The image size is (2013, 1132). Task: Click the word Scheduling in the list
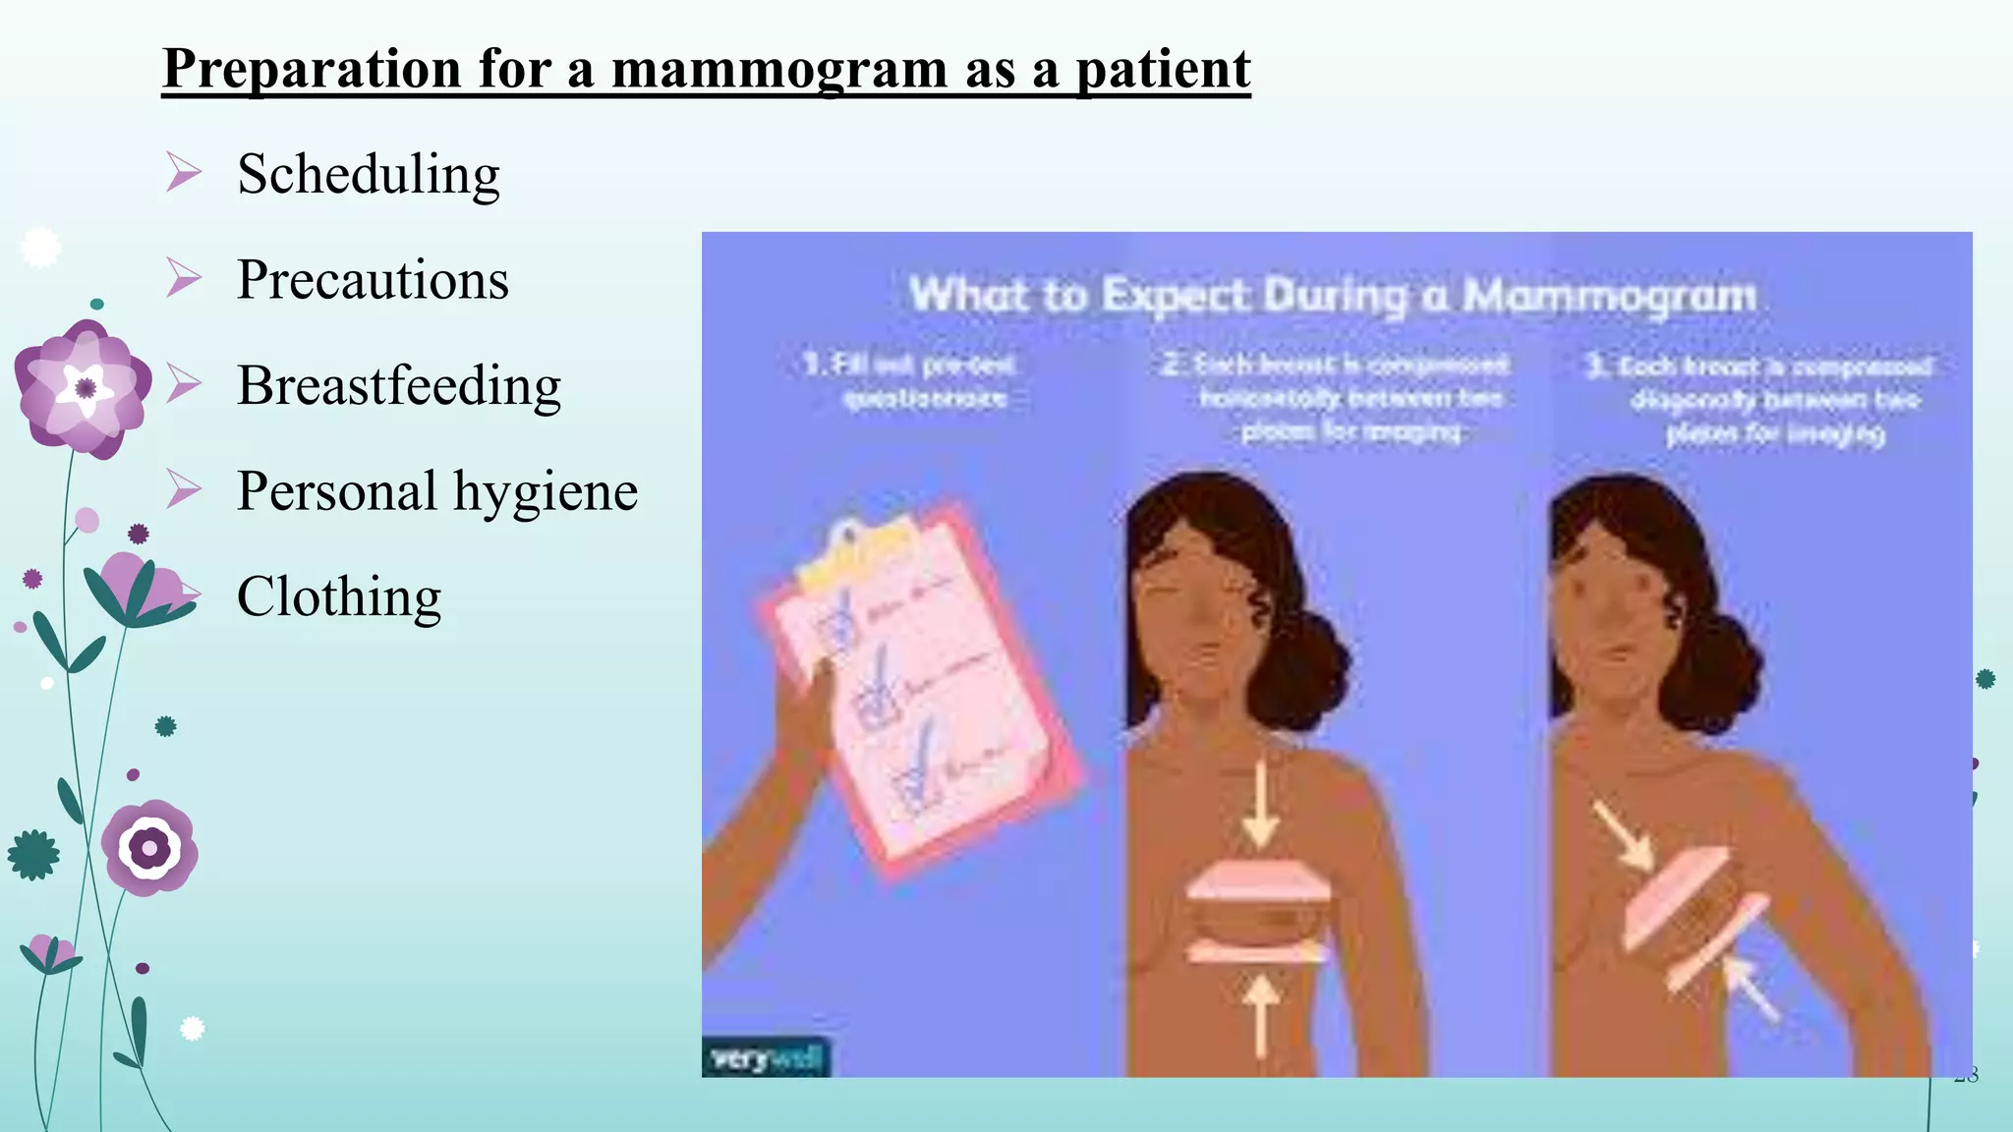pos(369,175)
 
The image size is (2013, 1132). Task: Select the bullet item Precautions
pos(373,280)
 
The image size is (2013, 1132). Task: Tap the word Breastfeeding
pos(399,385)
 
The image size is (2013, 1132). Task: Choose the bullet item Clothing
pos(339,596)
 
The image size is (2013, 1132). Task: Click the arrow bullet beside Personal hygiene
pos(183,489)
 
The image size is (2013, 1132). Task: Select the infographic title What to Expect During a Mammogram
pos(1332,295)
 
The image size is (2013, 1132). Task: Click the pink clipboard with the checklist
pos(919,688)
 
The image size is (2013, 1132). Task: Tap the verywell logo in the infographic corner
pos(766,1059)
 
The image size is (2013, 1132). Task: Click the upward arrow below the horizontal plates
pos(1259,1012)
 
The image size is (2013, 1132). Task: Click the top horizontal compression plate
pos(1259,881)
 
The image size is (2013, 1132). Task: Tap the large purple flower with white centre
pos(84,388)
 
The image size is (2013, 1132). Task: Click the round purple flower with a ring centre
pos(149,847)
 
